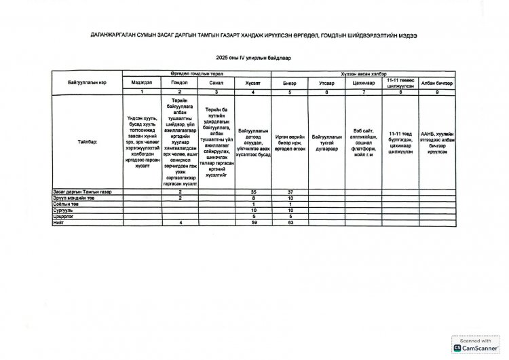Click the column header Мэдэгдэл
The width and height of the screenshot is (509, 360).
[142, 82]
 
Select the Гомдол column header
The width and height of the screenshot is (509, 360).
[179, 82]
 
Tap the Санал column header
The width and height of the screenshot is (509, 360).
[216, 82]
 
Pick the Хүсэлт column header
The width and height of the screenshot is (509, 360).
[252, 82]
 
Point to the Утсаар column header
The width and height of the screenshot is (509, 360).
[326, 82]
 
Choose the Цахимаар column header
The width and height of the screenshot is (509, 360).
[364, 82]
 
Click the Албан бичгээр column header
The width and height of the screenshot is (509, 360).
[437, 82]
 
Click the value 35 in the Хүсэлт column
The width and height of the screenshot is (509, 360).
[252, 192]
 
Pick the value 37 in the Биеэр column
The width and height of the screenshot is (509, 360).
[290, 192]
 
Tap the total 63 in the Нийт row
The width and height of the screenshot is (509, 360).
[290, 222]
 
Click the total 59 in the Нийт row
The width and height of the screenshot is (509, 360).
[252, 222]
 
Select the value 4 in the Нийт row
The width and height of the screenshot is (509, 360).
[179, 222]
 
